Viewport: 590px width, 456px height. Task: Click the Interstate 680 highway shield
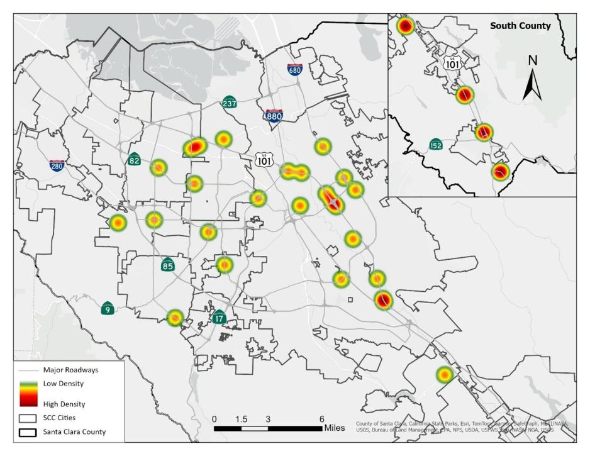[294, 69]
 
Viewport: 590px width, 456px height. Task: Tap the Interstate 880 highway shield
[274, 114]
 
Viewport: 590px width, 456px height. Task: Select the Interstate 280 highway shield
[57, 165]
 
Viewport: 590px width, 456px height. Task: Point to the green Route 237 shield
[230, 102]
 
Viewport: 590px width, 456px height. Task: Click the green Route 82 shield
[134, 158]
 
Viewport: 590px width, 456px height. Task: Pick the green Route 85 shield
[167, 264]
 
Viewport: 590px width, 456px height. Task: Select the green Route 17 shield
[219, 317]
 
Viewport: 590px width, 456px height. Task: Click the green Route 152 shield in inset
[435, 145]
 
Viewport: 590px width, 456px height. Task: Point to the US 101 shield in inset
[452, 62]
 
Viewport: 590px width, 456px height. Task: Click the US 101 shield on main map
[264, 160]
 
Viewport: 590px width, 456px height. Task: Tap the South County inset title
[520, 26]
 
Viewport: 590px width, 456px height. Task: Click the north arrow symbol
[532, 79]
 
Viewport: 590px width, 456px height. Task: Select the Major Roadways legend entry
[70, 370]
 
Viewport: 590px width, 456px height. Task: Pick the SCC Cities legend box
[28, 418]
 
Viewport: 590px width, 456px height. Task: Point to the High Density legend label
[64, 404]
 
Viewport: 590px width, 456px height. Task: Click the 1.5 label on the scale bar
[241, 419]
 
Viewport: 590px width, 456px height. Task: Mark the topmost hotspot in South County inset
[405, 26]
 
